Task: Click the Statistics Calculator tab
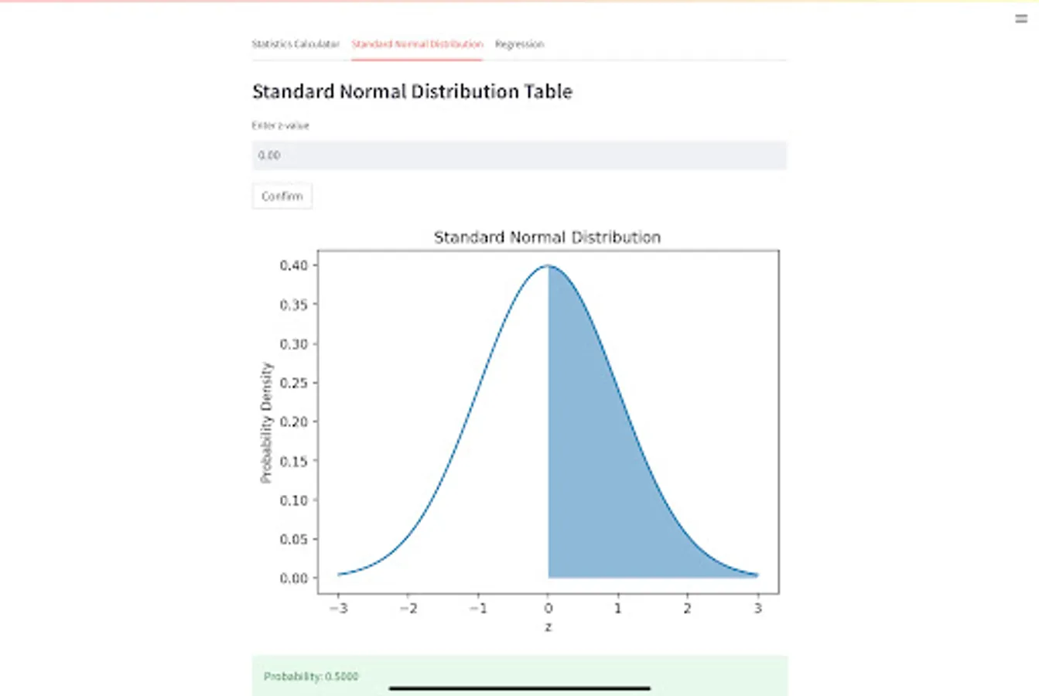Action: click(x=296, y=44)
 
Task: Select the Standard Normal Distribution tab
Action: click(x=417, y=44)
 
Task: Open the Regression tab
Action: click(x=519, y=44)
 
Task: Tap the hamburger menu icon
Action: click(x=1021, y=19)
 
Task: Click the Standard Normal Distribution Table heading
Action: click(x=412, y=91)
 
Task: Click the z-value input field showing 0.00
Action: click(x=518, y=155)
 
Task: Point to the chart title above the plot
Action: click(x=547, y=237)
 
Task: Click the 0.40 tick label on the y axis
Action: click(x=293, y=265)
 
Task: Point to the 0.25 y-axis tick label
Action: click(x=293, y=383)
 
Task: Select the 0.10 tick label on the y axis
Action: click(x=293, y=500)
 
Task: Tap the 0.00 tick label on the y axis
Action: click(x=293, y=578)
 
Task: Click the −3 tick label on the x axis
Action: click(x=338, y=609)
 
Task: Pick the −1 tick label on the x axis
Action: click(x=478, y=609)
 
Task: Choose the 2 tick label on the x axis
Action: click(x=688, y=609)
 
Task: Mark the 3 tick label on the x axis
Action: click(x=757, y=609)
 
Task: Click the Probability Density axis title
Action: click(x=266, y=422)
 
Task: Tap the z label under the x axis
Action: click(x=548, y=627)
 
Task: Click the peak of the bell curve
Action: click(x=548, y=266)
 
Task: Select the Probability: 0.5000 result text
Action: click(x=311, y=677)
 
